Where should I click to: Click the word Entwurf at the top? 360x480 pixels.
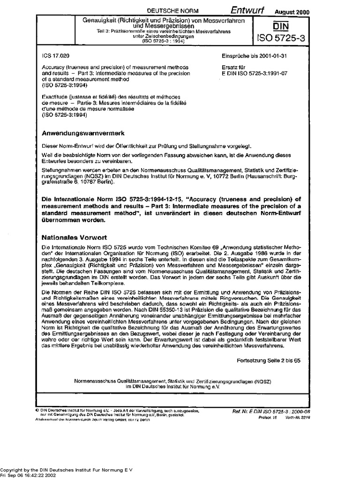pyautogui.click(x=247, y=10)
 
